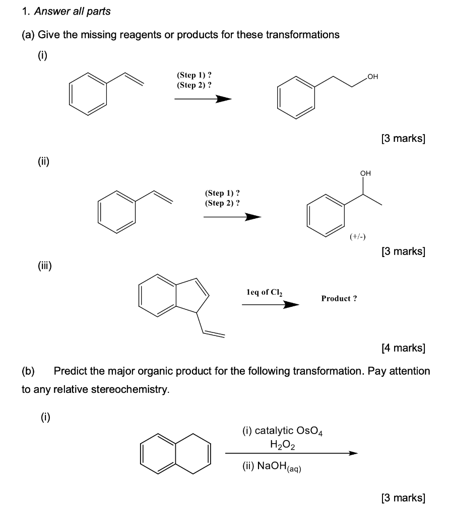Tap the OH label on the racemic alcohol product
click(x=365, y=174)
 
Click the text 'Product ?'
click(x=339, y=298)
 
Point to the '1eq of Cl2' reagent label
click(x=265, y=292)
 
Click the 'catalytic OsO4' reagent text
click(x=286, y=431)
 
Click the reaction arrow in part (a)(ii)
click(x=232, y=217)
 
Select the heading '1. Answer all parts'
click(x=66, y=11)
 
